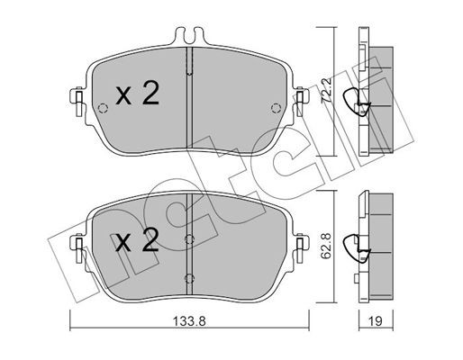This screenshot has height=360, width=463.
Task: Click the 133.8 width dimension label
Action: (x=189, y=321)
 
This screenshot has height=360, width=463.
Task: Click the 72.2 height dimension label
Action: (x=326, y=91)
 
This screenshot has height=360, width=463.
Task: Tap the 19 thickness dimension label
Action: (x=376, y=321)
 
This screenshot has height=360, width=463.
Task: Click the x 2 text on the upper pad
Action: (x=137, y=94)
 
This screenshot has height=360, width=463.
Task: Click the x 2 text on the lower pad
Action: (x=137, y=239)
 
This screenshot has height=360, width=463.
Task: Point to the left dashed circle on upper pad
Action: (x=103, y=108)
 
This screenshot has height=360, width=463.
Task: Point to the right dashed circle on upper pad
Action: (x=276, y=108)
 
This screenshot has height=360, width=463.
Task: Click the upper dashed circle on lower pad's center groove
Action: (x=189, y=239)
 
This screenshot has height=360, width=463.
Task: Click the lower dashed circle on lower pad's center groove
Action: (x=189, y=278)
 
